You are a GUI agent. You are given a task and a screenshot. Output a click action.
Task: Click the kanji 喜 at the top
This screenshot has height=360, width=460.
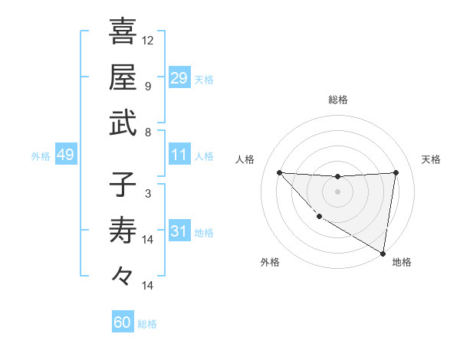(x=123, y=31)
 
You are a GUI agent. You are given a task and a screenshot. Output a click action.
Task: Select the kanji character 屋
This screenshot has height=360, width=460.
(x=123, y=77)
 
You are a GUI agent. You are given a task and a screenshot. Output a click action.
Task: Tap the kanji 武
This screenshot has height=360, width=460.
(x=123, y=123)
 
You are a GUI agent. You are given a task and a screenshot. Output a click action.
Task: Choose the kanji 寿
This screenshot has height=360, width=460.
(x=123, y=231)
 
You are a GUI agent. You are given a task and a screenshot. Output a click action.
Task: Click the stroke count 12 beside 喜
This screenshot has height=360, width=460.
(x=148, y=40)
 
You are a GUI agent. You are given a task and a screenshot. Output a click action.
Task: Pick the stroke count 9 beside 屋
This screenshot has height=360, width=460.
(x=148, y=86)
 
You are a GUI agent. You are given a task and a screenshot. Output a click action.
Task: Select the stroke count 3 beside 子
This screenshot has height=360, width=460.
(x=148, y=194)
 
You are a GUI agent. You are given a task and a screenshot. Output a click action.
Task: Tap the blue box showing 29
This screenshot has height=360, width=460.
(x=179, y=78)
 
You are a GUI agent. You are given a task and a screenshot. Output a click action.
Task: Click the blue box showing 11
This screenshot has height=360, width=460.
(x=179, y=155)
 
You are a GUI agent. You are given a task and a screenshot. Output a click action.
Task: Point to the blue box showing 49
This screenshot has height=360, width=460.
(x=65, y=155)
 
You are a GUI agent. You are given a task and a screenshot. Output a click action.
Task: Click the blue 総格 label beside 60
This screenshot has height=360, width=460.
(x=147, y=324)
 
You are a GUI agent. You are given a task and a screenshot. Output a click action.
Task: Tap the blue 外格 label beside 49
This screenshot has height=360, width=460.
(x=41, y=156)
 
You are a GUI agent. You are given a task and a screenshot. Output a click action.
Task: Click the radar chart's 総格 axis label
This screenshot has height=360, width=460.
(x=337, y=100)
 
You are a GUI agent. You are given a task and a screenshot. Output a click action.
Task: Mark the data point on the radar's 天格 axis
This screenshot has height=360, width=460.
(x=396, y=172)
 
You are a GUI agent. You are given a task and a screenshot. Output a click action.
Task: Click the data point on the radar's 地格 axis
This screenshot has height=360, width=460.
(x=383, y=254)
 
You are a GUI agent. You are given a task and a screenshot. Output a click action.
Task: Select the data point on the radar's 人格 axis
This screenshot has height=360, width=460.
(x=279, y=172)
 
